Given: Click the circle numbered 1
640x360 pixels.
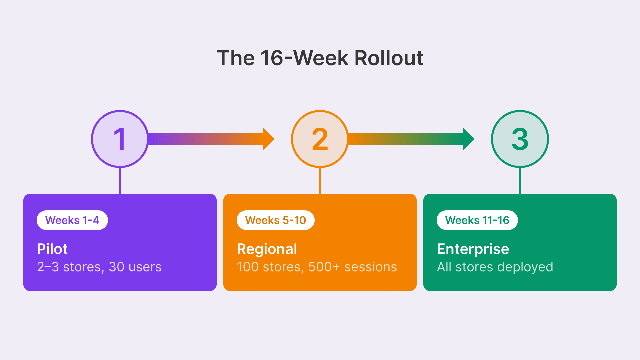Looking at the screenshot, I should coord(120,139).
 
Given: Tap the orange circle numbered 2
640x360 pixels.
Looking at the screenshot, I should coord(320,139).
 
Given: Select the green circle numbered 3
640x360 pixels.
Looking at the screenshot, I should coord(520,139).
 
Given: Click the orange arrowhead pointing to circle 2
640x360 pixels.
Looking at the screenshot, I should coord(268,139).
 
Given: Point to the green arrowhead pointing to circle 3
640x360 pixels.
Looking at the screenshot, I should coord(468,139).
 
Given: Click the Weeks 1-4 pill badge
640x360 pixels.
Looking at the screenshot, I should coord(72,220).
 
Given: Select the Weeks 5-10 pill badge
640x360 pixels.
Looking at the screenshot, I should coord(276,220).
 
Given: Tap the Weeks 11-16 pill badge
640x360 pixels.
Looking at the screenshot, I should coord(477,220).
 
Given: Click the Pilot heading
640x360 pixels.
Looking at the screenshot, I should coord(52,249).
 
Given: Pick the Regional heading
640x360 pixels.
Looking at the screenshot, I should coord(267,249).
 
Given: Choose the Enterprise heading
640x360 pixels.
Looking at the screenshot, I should coord(473,249).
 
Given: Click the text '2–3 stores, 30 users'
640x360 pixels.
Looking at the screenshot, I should coord(99,267).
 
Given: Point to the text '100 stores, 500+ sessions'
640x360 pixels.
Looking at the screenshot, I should coord(317,267).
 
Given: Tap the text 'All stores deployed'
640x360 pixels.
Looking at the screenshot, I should coord(495,267).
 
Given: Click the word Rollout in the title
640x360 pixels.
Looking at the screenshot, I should coord(389,58).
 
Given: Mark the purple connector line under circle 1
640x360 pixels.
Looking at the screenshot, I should coord(120,180).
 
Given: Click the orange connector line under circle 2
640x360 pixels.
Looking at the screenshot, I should coord(320,180).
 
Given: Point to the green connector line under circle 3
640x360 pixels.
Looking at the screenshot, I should coord(520,180).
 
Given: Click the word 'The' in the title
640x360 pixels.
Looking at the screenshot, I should coord(236,58).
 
